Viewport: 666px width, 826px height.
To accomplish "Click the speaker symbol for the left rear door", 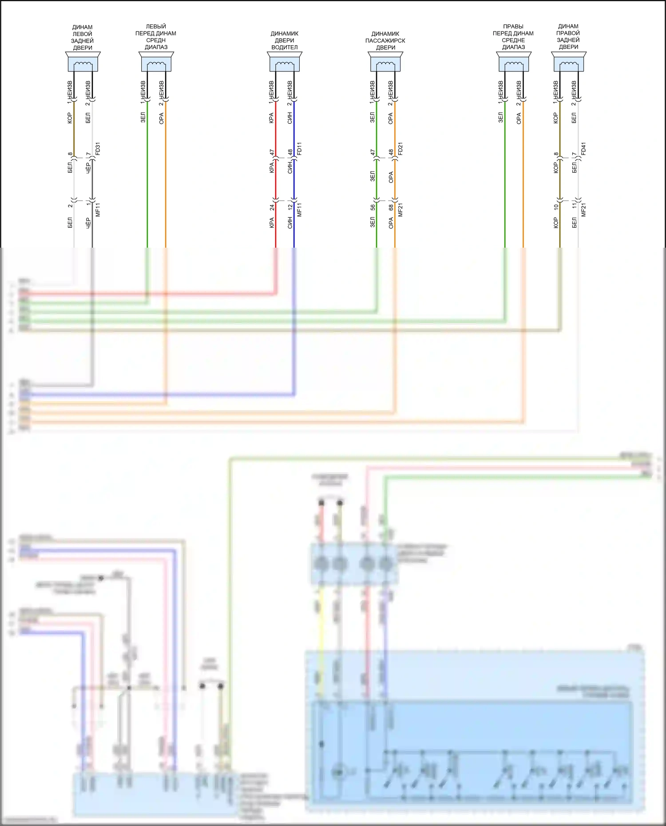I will (x=83, y=62).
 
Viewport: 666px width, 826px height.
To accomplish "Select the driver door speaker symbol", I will (x=285, y=62).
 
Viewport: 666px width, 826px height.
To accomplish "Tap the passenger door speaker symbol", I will (x=385, y=62).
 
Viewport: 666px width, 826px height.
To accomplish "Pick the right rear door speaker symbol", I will (x=569, y=62).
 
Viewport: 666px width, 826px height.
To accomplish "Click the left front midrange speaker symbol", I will (x=156, y=62).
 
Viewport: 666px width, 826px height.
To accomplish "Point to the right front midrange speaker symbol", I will (x=513, y=62).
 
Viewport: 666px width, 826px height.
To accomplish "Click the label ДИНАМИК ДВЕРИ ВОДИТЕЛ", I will (x=285, y=40).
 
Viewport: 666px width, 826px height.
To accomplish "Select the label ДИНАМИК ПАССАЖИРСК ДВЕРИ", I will (x=385, y=40).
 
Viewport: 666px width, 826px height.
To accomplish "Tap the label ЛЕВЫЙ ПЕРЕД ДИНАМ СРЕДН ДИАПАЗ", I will (x=156, y=37).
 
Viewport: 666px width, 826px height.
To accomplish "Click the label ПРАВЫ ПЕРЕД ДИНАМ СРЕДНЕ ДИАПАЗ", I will (x=513, y=37).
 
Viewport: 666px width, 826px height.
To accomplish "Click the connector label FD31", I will (x=98, y=148).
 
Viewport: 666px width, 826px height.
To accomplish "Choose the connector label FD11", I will (x=300, y=148).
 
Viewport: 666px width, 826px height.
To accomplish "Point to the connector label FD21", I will (x=400, y=148).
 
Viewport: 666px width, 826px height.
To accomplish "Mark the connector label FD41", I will (x=584, y=148).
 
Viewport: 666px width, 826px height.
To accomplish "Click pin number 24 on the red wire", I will (x=272, y=207).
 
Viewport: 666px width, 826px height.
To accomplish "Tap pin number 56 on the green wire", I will (x=373, y=207).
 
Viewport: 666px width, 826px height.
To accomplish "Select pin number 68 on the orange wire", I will (x=391, y=207).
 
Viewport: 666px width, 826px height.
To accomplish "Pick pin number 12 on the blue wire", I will (x=290, y=207).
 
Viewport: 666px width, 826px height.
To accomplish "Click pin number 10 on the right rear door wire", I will (x=556, y=207).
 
